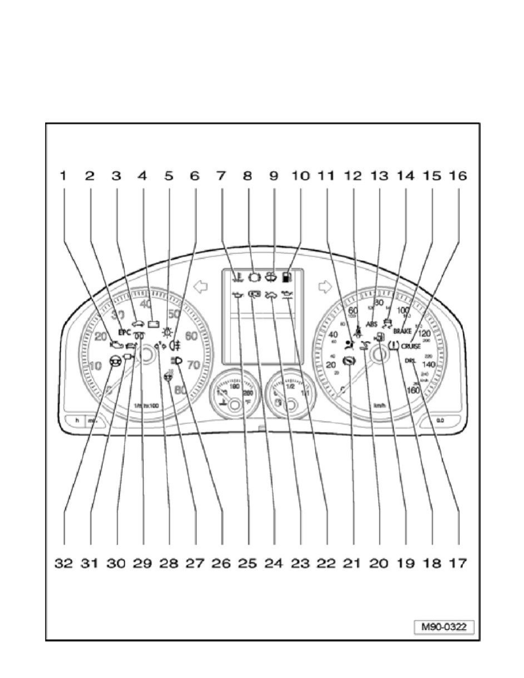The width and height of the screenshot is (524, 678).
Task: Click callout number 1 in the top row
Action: (63, 176)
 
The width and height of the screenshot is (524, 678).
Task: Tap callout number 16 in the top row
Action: (458, 176)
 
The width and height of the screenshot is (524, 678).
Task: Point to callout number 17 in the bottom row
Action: (458, 564)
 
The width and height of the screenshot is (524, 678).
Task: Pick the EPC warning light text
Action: (124, 332)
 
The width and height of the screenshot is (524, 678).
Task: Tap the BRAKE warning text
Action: (402, 331)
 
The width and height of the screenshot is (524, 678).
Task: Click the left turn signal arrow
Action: (199, 286)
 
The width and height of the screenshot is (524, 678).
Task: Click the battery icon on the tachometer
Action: (154, 324)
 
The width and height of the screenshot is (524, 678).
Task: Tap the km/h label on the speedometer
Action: (378, 406)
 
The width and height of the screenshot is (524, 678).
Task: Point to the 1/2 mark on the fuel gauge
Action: (291, 386)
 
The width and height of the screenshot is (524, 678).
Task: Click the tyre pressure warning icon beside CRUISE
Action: (393, 346)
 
